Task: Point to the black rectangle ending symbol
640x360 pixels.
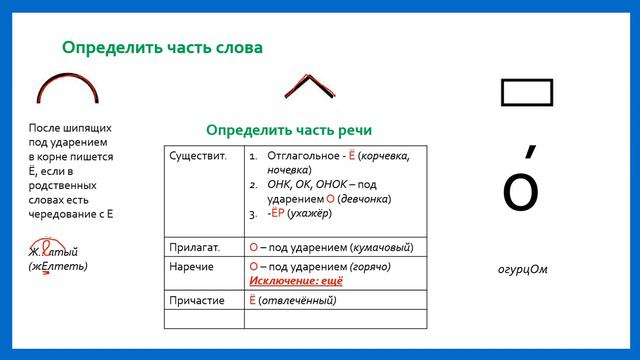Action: (x=526, y=92)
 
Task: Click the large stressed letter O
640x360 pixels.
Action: (x=521, y=190)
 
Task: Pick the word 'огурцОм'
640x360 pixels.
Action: (x=521, y=270)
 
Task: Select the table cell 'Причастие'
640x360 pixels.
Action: (x=195, y=302)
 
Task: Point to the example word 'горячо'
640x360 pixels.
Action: (x=366, y=267)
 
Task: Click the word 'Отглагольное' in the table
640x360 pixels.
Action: (x=296, y=157)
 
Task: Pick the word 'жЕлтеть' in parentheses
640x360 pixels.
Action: (x=59, y=266)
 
